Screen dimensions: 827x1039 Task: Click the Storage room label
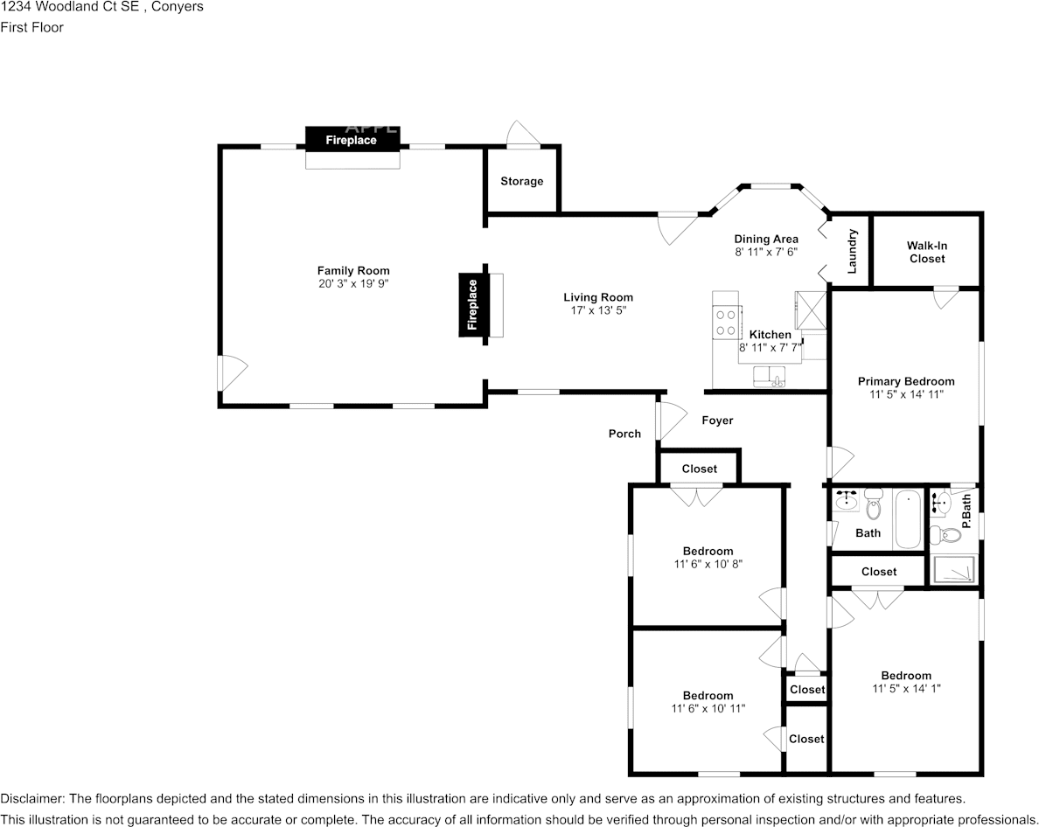click(x=521, y=182)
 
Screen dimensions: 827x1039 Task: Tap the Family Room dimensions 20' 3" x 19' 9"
click(x=353, y=284)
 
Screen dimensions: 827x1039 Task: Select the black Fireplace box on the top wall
click(x=352, y=139)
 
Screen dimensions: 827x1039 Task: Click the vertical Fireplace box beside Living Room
click(x=472, y=303)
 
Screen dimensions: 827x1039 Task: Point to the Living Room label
click(x=598, y=297)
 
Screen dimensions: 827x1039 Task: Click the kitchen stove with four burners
click(x=726, y=322)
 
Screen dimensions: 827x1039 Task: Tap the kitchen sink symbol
click(x=770, y=376)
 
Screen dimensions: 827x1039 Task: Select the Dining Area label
click(x=765, y=239)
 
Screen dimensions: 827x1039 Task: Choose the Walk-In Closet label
click(x=927, y=252)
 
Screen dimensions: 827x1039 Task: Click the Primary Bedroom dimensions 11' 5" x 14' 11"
click(x=906, y=394)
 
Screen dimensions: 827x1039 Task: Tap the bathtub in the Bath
click(x=908, y=518)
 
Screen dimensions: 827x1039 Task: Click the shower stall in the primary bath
click(x=953, y=569)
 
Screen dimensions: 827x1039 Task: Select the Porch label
click(x=624, y=434)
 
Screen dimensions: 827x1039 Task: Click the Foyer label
click(x=717, y=420)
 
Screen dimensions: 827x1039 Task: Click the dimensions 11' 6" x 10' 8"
click(x=708, y=564)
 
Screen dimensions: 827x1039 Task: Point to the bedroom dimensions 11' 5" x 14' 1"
click(x=906, y=689)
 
